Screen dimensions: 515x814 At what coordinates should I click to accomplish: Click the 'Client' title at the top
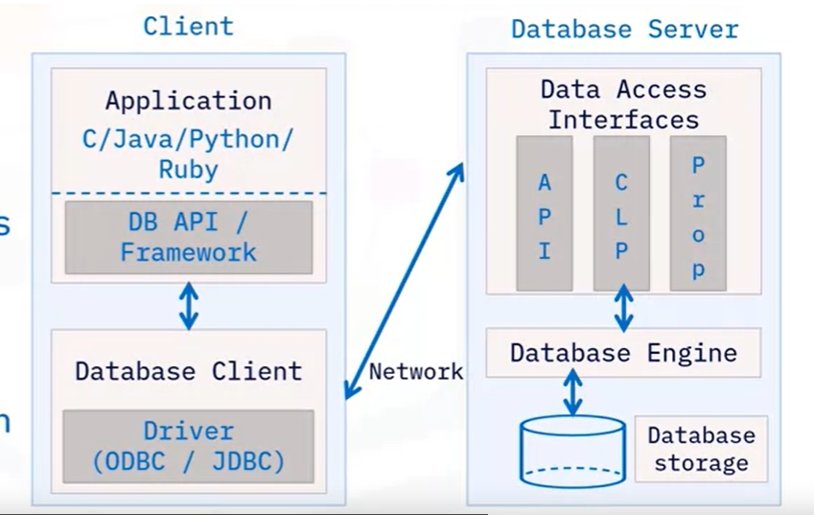[x=188, y=26]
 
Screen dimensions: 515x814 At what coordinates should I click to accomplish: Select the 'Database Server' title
[x=624, y=29]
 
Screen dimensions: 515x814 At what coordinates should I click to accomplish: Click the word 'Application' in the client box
[x=188, y=101]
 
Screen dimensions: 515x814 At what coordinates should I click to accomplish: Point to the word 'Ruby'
[x=188, y=170]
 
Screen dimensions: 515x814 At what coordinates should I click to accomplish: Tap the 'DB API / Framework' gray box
[x=188, y=237]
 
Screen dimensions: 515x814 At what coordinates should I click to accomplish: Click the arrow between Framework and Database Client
[x=189, y=305]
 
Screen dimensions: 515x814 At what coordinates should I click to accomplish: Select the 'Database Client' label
[x=188, y=371]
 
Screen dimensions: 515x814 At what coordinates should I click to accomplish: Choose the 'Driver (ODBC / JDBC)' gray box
[x=188, y=446]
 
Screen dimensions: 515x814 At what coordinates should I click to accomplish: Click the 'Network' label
[x=415, y=371]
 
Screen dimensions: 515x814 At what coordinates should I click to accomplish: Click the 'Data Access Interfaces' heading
[x=623, y=105]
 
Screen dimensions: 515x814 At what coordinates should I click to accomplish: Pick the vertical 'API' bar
[x=545, y=214]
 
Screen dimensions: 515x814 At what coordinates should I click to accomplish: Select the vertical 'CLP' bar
[x=621, y=214]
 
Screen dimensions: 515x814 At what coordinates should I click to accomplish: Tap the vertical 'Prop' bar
[x=698, y=214]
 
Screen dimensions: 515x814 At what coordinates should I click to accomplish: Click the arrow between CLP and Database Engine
[x=623, y=309]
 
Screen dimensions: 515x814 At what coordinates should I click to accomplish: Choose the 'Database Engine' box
[x=623, y=353]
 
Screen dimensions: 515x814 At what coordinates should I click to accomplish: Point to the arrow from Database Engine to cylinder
[x=572, y=391]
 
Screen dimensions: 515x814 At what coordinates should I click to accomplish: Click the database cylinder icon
[x=572, y=450]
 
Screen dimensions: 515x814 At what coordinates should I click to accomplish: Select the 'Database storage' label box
[x=701, y=449]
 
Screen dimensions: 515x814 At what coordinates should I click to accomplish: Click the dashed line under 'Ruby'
[x=188, y=194]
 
